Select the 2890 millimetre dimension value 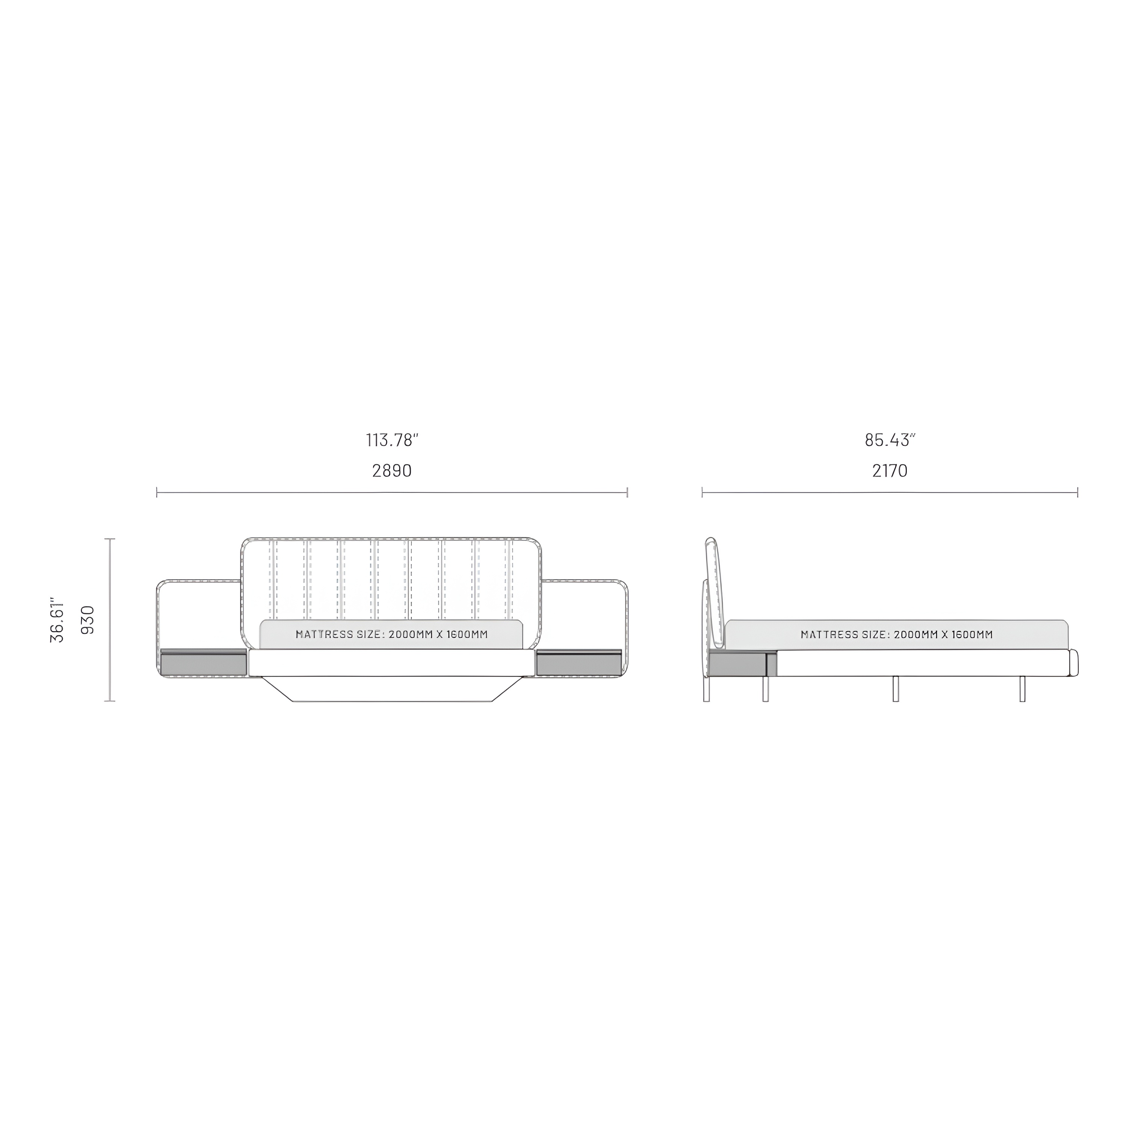(x=391, y=470)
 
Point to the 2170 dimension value (x=890, y=470)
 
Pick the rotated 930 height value (x=87, y=620)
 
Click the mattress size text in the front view (x=391, y=634)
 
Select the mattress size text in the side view (x=897, y=634)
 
